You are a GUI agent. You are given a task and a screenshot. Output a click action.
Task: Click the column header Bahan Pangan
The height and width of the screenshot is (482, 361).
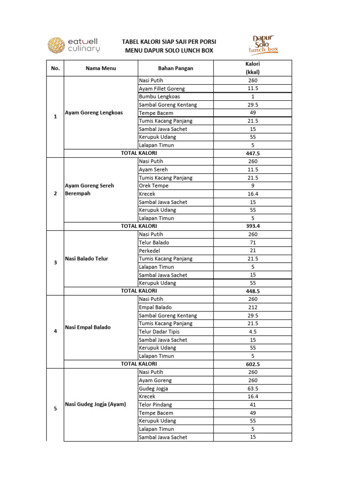click(175, 68)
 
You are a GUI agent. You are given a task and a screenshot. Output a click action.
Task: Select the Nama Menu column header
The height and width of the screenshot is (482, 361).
click(101, 68)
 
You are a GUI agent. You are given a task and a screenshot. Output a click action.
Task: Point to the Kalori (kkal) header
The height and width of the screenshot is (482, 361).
click(252, 68)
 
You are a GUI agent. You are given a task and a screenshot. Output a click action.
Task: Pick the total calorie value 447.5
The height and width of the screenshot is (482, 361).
click(252, 153)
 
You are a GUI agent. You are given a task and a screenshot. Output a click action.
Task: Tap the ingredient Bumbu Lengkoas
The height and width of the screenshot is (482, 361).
click(159, 96)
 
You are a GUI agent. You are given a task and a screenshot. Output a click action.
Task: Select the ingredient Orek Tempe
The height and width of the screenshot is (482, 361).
click(153, 185)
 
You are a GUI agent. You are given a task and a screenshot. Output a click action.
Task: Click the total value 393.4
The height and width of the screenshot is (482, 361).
click(252, 226)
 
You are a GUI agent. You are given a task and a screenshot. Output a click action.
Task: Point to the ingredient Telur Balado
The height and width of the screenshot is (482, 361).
click(154, 242)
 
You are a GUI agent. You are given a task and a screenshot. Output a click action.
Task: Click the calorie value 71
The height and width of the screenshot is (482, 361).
click(252, 242)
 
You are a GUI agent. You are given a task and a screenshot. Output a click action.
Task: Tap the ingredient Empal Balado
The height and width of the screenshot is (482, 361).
click(155, 307)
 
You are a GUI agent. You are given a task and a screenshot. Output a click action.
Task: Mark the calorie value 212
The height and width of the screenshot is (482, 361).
click(252, 307)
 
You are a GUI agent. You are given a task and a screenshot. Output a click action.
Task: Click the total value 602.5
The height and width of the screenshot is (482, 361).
click(252, 364)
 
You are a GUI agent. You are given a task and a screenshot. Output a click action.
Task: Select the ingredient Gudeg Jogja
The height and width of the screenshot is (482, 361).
click(153, 388)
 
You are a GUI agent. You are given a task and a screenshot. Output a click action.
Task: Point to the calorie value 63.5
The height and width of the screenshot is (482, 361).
click(252, 388)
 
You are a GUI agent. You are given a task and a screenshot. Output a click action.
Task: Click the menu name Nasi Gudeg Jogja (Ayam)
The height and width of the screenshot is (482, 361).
click(95, 404)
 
